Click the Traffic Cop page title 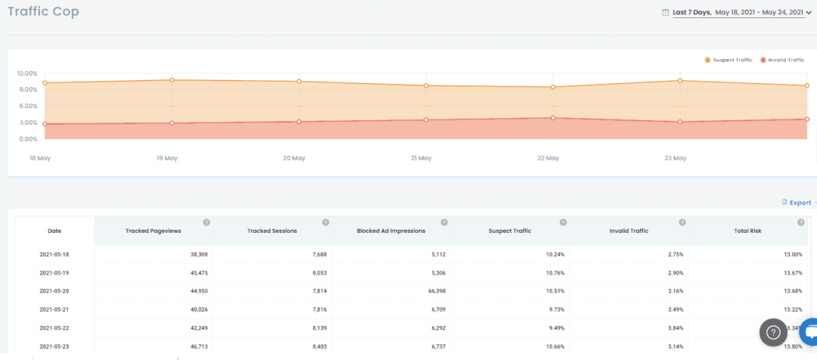tap(43, 11)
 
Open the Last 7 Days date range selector tap(737, 12)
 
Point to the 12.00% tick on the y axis tap(27, 73)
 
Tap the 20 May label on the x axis tap(294, 158)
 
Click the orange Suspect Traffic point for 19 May tap(172, 80)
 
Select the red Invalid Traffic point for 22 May tap(553, 118)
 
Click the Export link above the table tap(800, 203)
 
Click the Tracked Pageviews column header tap(153, 231)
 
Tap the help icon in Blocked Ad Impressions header tap(444, 222)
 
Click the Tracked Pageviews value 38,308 tap(194, 255)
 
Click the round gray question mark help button tap(773, 331)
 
